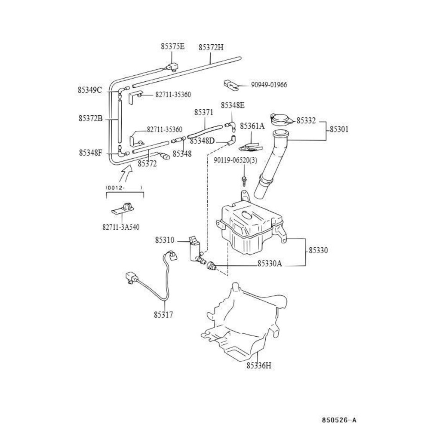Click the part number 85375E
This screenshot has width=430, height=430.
click(x=173, y=46)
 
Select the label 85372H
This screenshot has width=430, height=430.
click(x=211, y=47)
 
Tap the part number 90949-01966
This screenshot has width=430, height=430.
click(x=269, y=85)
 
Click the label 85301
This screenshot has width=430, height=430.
click(x=339, y=129)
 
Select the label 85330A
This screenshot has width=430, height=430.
click(x=270, y=264)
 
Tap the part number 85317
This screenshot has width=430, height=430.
click(x=163, y=315)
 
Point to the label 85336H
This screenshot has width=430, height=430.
click(x=259, y=365)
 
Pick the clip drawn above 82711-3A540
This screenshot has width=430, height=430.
click(x=123, y=209)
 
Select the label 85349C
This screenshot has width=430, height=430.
click(x=90, y=90)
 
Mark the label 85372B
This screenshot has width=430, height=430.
click(x=90, y=119)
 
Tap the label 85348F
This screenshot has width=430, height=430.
click(x=90, y=153)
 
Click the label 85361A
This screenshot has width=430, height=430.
click(x=252, y=126)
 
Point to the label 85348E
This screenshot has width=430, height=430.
click(x=233, y=105)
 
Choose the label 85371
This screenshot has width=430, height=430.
click(x=204, y=112)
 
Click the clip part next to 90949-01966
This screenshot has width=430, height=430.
click(x=232, y=85)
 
